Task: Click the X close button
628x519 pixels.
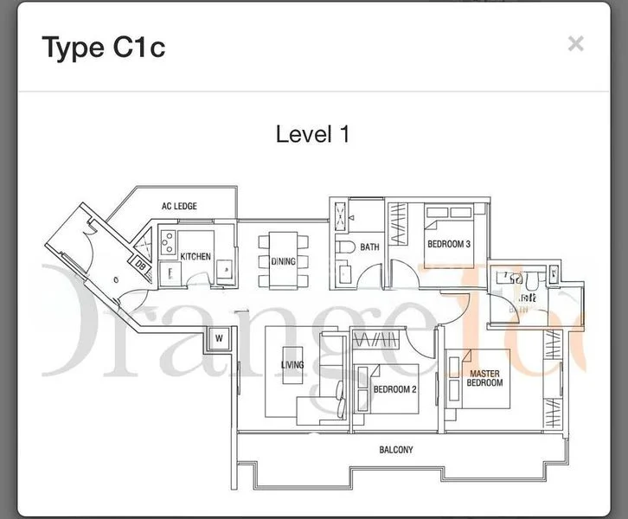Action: coord(575,44)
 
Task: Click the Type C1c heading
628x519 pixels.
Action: coord(104,48)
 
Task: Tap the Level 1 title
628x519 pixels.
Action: coord(312,134)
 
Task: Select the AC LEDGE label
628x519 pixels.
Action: coord(179,206)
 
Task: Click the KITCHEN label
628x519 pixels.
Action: coord(195,256)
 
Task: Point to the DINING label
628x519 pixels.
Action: coord(283,261)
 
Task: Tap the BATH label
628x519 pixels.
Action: coord(369,247)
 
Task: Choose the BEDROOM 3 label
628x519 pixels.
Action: coord(448,245)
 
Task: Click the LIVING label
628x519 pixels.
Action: coord(292,365)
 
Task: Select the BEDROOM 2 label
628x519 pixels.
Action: coord(394,390)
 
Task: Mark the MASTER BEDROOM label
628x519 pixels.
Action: coord(484,378)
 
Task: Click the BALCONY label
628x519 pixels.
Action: coord(395,450)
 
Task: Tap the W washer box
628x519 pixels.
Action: coord(219,338)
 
